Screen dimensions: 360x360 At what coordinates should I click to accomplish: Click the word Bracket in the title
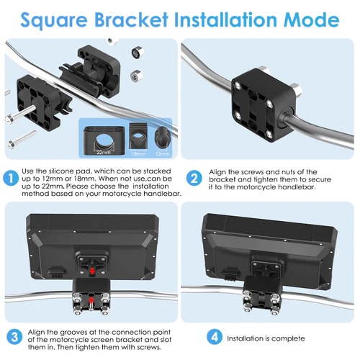(131, 19)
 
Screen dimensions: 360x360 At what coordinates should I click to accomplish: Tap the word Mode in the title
(311, 19)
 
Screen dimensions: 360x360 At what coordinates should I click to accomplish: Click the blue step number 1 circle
(11, 179)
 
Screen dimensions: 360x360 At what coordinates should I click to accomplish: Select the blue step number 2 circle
(194, 178)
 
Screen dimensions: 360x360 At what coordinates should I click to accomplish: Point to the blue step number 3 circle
(14, 337)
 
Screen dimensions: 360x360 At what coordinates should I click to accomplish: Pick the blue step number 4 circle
(215, 337)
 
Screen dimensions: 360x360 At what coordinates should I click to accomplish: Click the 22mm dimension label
(104, 152)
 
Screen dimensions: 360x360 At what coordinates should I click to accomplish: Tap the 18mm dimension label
(138, 153)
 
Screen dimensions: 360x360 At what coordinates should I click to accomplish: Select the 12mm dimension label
(163, 153)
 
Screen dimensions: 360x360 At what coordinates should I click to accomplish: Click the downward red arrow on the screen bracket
(92, 271)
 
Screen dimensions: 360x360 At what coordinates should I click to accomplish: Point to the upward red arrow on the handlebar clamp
(91, 300)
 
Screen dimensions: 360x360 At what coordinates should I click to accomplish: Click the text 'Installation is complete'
(266, 338)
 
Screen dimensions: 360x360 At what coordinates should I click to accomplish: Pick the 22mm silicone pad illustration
(104, 139)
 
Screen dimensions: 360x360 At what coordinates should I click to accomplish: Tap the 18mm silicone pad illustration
(138, 136)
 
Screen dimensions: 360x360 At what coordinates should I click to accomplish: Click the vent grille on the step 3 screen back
(57, 272)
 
